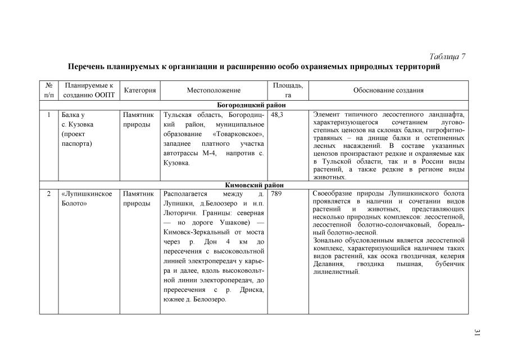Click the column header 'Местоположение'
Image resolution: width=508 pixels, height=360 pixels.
(214, 90)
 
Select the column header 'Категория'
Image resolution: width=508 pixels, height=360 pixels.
(139, 90)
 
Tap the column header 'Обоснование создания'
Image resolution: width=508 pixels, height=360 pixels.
(388, 90)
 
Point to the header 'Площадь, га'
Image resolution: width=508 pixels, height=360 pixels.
(288, 90)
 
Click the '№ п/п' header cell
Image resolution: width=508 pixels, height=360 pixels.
(48, 90)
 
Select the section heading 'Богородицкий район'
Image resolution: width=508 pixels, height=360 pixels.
(253, 105)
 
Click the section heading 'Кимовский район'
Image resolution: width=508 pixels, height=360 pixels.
(253, 184)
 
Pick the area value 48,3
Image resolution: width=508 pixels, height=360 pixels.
(277, 114)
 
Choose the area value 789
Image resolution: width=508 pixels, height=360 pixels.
(276, 194)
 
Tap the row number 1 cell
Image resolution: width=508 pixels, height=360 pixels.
(49, 114)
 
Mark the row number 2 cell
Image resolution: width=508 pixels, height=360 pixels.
(49, 194)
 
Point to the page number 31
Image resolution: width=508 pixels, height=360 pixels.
(477, 333)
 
